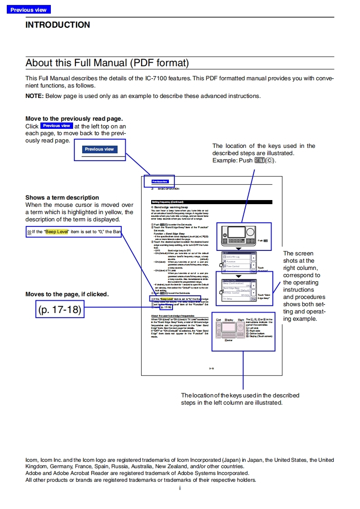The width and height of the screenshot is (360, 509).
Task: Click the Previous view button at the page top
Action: [28, 10]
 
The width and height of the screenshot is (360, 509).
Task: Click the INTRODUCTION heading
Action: [58, 25]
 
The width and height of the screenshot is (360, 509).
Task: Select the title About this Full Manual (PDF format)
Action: [107, 63]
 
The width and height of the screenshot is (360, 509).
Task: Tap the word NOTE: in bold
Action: [35, 96]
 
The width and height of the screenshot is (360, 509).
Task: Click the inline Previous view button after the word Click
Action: [56, 126]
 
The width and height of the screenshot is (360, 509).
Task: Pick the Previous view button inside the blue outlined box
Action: [99, 149]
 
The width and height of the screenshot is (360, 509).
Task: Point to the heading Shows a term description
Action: [62, 197]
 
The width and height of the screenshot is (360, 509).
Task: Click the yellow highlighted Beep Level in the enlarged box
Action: [56, 232]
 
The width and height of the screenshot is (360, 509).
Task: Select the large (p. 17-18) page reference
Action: [60, 310]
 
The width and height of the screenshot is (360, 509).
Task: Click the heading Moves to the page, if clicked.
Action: [67, 294]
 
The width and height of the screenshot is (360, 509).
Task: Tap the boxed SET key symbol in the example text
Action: [260, 161]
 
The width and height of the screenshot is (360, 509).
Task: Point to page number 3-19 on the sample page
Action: [212, 368]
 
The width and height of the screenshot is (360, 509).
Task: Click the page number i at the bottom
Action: [180, 488]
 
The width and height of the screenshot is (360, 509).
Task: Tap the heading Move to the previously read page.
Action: [74, 118]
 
